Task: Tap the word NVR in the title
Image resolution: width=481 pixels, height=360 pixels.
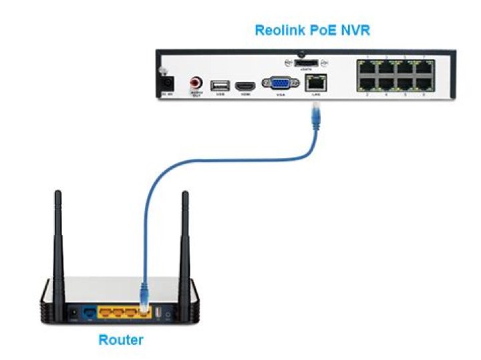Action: coord(355,30)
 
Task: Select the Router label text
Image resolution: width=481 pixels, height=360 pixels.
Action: coord(121,340)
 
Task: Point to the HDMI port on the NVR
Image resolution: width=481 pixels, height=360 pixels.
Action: coord(246,85)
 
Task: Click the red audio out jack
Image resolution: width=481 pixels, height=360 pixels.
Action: coord(196,83)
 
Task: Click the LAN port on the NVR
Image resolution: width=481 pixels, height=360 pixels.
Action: coord(315,83)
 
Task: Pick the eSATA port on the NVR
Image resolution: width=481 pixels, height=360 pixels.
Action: coord(304,63)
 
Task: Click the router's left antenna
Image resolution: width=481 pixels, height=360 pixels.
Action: coord(58,234)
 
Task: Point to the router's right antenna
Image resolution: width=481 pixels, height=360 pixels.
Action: coord(185,234)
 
